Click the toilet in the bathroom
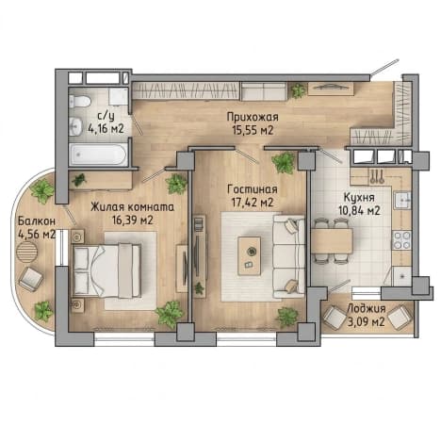(x=80, y=101)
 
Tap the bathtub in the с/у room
(x=98, y=155)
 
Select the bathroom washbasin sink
(x=74, y=126)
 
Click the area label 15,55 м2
(x=253, y=129)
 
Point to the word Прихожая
(x=253, y=117)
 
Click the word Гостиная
(x=253, y=189)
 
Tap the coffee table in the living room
(x=250, y=256)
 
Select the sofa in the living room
(x=288, y=256)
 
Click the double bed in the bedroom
(x=106, y=270)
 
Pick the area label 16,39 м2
(x=133, y=220)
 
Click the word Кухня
(x=359, y=198)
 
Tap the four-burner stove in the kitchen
(x=401, y=240)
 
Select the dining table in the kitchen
(x=332, y=241)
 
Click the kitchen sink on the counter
(x=402, y=200)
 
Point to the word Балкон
(x=37, y=220)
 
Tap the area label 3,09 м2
(x=367, y=321)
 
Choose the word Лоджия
(x=367, y=309)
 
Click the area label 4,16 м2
(x=106, y=128)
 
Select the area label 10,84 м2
(x=359, y=210)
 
